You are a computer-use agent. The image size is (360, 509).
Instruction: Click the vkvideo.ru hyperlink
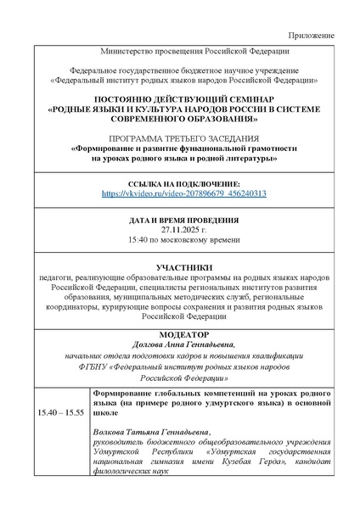pos(183,194)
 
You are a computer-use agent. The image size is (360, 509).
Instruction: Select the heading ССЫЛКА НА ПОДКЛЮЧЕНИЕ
pos(183,184)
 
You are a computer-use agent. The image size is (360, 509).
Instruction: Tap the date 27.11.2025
pos(182,229)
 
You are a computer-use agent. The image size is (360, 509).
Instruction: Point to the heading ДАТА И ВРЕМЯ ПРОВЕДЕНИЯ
pos(183,219)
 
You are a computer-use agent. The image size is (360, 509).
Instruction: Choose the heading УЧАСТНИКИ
pos(183,267)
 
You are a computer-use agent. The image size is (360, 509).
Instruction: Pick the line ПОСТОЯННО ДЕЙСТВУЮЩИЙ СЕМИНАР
pos(183,99)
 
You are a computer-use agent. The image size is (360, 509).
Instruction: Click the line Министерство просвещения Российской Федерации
pos(183,53)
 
